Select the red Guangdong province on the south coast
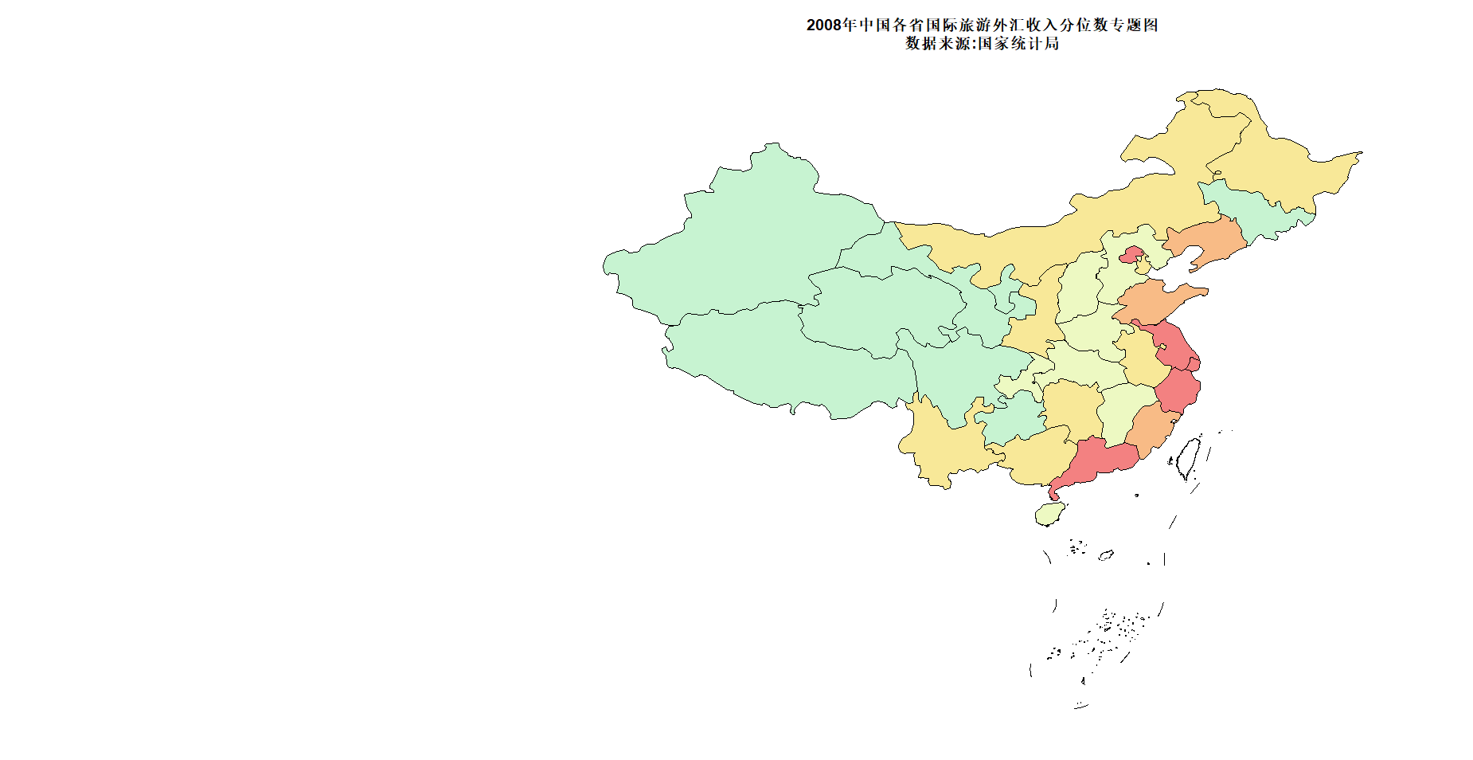(1100, 461)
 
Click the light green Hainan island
(1049, 514)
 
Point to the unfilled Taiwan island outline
(1189, 456)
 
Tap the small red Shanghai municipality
(1194, 364)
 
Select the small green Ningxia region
(1009, 292)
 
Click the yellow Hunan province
(1071, 406)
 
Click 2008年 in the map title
(831, 25)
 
